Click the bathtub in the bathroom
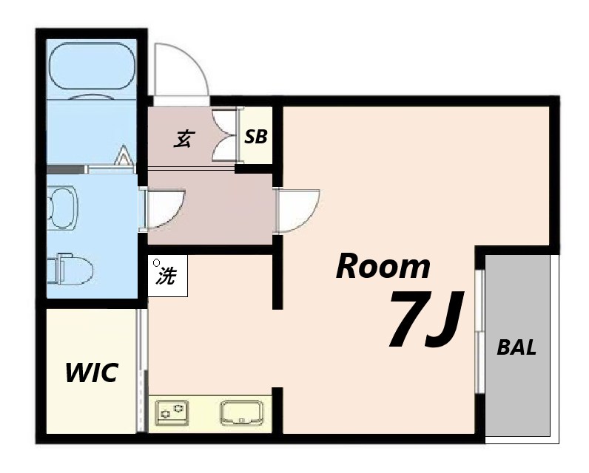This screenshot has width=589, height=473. (x=92, y=66)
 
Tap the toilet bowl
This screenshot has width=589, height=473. (x=70, y=270)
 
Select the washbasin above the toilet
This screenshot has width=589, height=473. (x=63, y=208)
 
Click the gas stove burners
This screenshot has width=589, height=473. (x=173, y=412)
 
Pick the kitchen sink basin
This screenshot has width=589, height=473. (x=242, y=412)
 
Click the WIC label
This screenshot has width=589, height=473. (x=92, y=372)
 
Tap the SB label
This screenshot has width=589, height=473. (x=256, y=137)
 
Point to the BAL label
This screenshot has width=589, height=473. (x=516, y=347)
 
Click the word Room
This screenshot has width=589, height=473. (x=383, y=266)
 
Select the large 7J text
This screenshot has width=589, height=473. (x=425, y=319)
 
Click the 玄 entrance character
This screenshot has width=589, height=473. (x=184, y=139)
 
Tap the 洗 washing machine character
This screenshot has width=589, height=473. (x=166, y=276)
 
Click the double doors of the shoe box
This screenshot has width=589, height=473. (x=226, y=135)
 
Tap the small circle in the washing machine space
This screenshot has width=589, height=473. (x=157, y=263)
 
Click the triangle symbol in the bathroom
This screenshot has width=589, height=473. (x=123, y=155)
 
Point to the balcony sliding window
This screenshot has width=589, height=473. (x=479, y=331)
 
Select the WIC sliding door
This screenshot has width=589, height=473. (x=141, y=370)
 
